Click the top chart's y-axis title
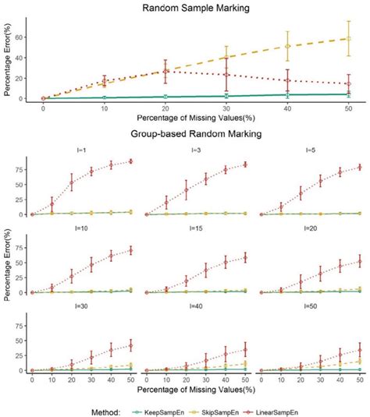point(8,61)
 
